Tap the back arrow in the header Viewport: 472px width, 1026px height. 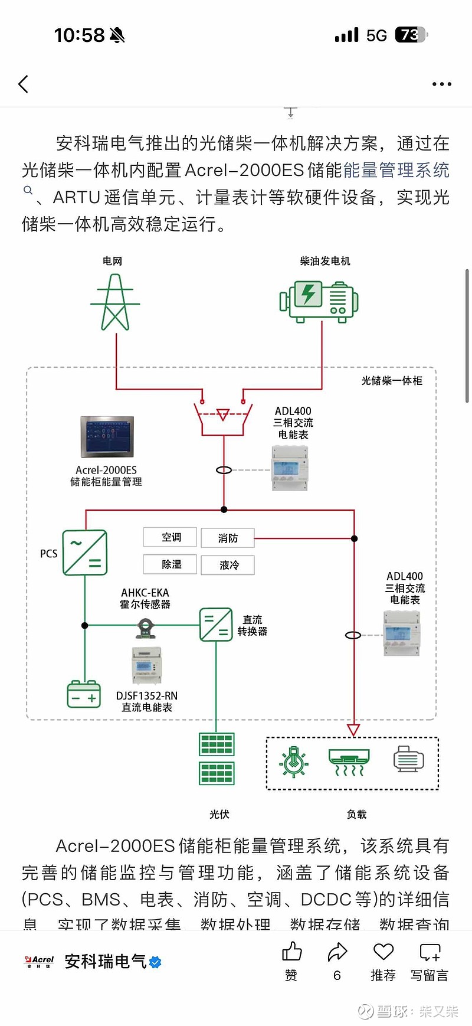click(24, 84)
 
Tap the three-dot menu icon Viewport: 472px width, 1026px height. click(441, 84)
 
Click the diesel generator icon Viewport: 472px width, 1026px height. click(319, 302)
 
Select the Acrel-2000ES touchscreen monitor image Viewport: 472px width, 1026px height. click(107, 437)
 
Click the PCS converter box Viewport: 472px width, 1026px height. click(85, 553)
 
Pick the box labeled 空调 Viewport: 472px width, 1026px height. click(171, 537)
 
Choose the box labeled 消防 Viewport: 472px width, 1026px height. click(228, 538)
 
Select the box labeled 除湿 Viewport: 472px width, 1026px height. click(171, 564)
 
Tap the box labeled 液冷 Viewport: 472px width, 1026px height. click(228, 565)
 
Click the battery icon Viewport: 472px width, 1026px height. click(84, 694)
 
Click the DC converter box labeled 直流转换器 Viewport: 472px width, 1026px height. click(215, 625)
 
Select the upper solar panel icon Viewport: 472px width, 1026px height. click(217, 744)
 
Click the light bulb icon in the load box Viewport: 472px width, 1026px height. click(293, 762)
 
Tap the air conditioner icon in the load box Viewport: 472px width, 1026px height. click(349, 762)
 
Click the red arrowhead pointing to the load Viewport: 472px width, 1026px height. click(353, 730)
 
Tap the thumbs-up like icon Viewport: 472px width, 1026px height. click(291, 952)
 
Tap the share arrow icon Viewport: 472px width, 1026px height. click(337, 952)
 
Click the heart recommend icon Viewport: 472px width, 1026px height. click(383, 952)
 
